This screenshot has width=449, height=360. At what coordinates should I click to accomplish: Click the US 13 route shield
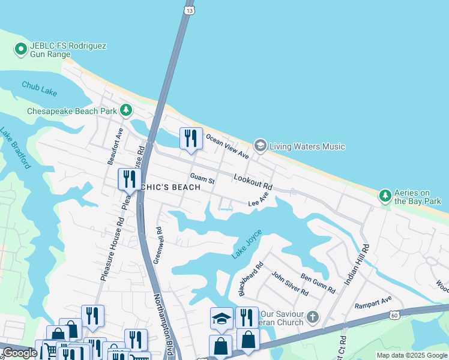pyautogui.click(x=190, y=10)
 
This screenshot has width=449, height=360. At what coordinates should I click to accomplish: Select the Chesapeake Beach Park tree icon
pyautogui.click(x=125, y=110)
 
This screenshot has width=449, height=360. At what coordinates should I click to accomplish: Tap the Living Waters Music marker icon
pyautogui.click(x=260, y=145)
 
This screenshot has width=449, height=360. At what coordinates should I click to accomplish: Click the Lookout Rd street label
pyautogui.click(x=253, y=183)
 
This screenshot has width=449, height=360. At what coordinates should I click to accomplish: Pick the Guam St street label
pyautogui.click(x=202, y=178)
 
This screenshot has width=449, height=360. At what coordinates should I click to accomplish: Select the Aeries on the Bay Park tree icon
pyautogui.click(x=385, y=196)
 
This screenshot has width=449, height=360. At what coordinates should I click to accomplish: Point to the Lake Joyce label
pyautogui.click(x=247, y=244)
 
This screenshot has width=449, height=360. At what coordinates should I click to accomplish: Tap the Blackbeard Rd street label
pyautogui.click(x=251, y=279)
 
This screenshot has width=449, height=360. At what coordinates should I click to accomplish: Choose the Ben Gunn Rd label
pyautogui.click(x=318, y=283)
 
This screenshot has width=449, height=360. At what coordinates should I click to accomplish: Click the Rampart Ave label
pyautogui.click(x=373, y=298)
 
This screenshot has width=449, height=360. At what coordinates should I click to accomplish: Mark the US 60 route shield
pyautogui.click(x=394, y=314)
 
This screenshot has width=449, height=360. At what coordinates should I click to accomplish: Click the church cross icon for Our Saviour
pyautogui.click(x=312, y=316)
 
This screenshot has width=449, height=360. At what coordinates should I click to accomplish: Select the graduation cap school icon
pyautogui.click(x=221, y=317)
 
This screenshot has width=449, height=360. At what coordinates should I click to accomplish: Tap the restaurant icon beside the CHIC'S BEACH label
pyautogui.click(x=128, y=179)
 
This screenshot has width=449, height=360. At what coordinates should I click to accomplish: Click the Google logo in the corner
pyautogui.click(x=20, y=353)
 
